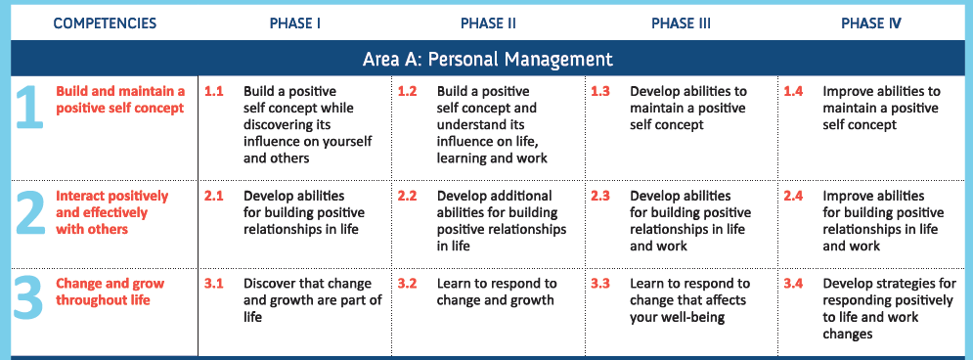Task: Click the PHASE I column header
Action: [294, 23]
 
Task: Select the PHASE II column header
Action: [488, 23]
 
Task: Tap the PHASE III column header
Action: [681, 23]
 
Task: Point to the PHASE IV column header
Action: [871, 23]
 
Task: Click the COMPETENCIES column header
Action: [105, 23]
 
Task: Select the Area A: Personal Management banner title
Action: [488, 59]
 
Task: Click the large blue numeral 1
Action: [29, 107]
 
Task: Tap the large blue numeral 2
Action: [28, 211]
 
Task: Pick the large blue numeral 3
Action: [28, 299]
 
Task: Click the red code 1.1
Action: [213, 91]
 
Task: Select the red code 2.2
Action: [407, 196]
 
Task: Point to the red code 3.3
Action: [600, 284]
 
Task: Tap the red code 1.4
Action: [793, 91]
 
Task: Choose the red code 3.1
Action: [213, 284]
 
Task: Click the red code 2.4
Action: [793, 196]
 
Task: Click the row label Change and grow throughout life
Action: [110, 292]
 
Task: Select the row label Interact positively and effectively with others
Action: [111, 212]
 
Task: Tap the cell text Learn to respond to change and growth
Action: [497, 292]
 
